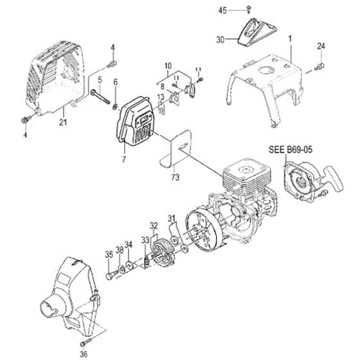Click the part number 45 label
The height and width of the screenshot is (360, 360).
point(222,10)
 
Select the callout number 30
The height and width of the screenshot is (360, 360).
point(221,40)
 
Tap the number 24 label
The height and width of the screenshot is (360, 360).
point(321,46)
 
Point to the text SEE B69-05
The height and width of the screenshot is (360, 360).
point(291,150)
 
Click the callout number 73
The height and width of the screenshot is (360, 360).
point(175,177)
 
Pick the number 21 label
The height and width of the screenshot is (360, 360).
point(63,122)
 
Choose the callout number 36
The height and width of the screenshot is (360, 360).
point(84,354)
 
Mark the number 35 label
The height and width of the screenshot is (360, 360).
point(109,255)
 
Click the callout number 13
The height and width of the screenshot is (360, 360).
point(161,97)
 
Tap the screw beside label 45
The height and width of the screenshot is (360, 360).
point(249,9)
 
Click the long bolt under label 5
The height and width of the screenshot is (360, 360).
point(100,97)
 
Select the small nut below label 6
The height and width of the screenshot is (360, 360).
point(116,107)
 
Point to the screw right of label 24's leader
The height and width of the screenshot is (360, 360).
point(320,67)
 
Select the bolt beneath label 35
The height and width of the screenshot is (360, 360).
point(111,274)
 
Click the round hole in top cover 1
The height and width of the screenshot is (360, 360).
point(266,70)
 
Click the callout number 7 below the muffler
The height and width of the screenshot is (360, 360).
point(123,159)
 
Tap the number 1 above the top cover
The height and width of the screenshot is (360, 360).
point(290,39)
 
